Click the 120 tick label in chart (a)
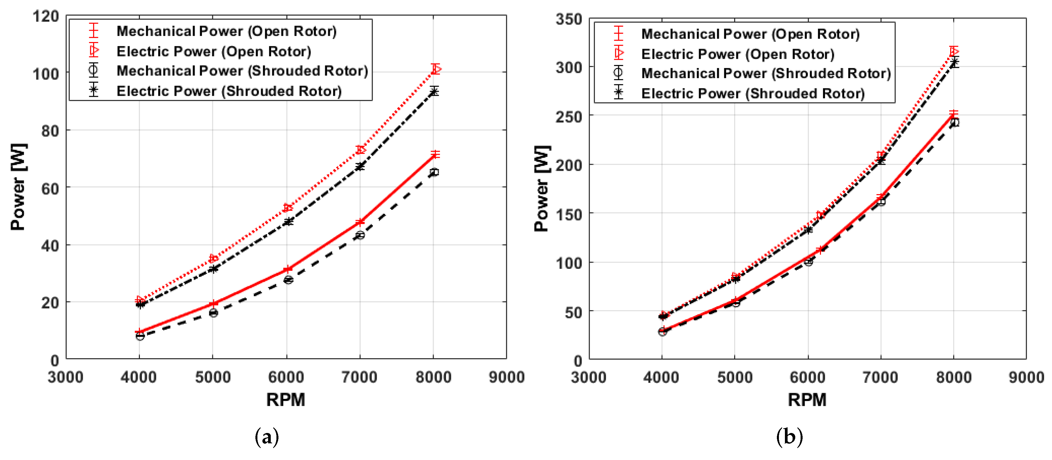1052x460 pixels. point(46,17)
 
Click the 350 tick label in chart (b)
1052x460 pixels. point(569,19)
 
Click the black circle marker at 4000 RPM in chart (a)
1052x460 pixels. point(140,336)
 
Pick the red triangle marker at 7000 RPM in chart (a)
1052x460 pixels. point(360,150)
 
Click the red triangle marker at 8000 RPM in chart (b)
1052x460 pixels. point(954,51)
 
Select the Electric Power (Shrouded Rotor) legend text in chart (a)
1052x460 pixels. point(229,91)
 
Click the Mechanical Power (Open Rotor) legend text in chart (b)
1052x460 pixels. point(750,34)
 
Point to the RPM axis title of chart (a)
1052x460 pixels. point(285,400)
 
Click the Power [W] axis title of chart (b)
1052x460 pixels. point(542,188)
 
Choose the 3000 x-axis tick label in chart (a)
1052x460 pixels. point(66,377)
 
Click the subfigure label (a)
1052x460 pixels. point(267,437)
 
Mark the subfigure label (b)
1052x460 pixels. point(789,437)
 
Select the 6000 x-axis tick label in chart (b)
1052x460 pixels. point(807,377)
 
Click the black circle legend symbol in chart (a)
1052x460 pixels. point(93,70)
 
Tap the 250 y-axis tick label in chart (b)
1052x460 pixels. point(569,117)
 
